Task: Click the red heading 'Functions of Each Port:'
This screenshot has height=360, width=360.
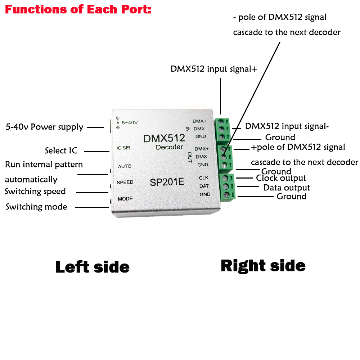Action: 78,9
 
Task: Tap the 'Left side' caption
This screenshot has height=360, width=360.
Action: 93,267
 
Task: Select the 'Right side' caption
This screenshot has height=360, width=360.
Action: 263,266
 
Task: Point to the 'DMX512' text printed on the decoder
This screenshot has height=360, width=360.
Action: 164,138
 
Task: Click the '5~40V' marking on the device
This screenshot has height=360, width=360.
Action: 130,123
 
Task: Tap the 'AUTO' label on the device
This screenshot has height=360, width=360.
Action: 125,166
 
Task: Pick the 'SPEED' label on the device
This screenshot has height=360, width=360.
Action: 125,183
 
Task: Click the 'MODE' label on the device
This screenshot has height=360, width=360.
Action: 125,199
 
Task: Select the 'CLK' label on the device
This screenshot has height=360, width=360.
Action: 203,178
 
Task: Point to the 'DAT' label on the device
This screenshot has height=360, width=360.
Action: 204,186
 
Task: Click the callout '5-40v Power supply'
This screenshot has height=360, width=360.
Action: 45,127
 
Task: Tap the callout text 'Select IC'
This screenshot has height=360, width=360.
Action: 61,150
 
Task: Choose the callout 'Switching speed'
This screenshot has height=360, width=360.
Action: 35,191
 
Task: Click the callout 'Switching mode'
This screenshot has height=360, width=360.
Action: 36,207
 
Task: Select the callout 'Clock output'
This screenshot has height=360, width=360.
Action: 281,178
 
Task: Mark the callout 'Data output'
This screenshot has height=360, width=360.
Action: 287,188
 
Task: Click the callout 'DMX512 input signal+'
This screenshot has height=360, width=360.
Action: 214,69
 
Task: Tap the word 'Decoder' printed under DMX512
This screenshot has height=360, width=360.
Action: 169,147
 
